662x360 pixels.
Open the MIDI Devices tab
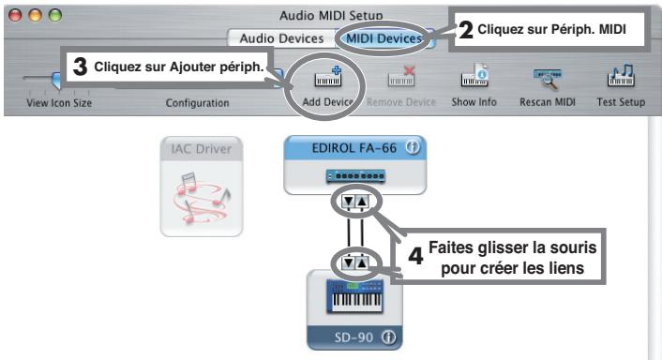384,38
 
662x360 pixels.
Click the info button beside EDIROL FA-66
411,148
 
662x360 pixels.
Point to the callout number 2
466,30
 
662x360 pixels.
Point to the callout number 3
81,67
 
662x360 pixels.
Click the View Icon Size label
59,102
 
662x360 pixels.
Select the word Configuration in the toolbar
197,102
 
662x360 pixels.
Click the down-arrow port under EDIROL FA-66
346,202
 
